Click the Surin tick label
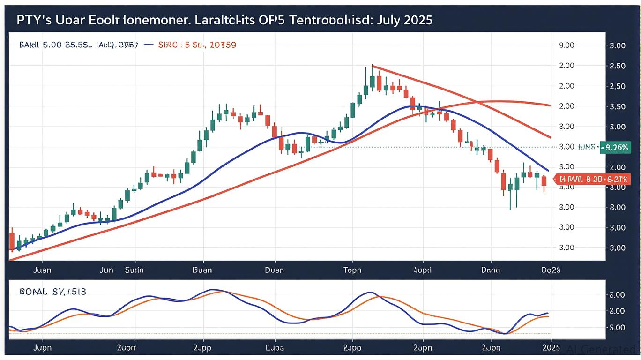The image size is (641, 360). click(134, 270)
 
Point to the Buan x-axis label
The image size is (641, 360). click(202, 270)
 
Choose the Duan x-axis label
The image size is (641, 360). click(274, 270)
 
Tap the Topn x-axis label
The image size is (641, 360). click(352, 270)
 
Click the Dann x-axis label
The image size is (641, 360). click(491, 270)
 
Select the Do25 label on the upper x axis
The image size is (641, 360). click(551, 270)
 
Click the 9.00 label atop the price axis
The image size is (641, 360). click(567, 45)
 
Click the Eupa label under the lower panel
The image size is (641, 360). click(275, 349)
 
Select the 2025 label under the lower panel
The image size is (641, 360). click(551, 349)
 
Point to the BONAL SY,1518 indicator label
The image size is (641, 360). click(53, 292)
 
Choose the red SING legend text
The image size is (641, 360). click(197, 45)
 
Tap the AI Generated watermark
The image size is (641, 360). click(602, 349)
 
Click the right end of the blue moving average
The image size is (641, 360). click(548, 170)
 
